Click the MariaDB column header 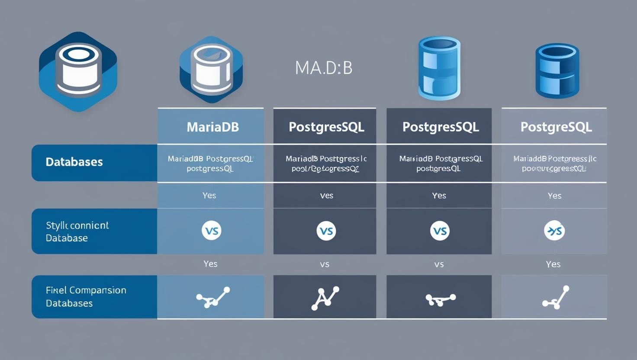[212, 127]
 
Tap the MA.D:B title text [324, 68]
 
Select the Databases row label [74, 162]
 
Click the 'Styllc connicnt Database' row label [77, 231]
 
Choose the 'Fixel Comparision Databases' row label [86, 296]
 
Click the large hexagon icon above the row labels [78, 71]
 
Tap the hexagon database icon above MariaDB [211, 69]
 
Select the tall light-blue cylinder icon [439, 68]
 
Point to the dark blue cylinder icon [557, 71]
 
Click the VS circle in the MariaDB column [212, 231]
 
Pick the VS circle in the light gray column [554, 231]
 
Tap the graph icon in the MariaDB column [212, 297]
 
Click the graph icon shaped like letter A [325, 297]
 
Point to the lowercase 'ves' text [326, 196]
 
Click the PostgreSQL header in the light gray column [556, 127]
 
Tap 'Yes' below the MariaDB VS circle [210, 264]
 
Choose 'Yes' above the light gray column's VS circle [554, 196]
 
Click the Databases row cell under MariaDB [210, 164]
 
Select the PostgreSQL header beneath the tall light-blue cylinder [440, 127]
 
